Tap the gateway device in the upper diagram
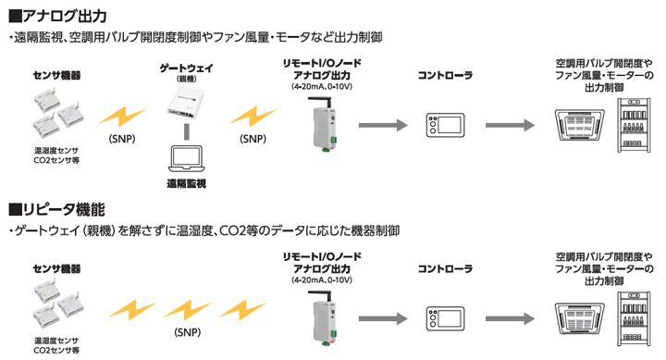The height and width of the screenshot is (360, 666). coord(186,103)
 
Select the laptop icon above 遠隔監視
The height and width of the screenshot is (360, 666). coord(187,158)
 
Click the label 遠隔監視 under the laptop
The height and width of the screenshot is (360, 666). coord(187,183)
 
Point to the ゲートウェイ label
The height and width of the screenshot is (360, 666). coord(187,68)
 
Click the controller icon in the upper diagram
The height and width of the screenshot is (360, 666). coord(445,125)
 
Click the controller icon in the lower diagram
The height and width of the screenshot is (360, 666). coord(445,318)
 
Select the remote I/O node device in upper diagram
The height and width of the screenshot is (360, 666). coord(323,123)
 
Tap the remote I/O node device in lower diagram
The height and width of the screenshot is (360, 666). coord(323,317)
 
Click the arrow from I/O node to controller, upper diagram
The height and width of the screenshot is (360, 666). coord(383,125)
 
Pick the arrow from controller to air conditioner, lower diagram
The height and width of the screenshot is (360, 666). coord(510,318)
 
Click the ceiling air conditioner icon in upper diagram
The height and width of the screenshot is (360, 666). coord(580,125)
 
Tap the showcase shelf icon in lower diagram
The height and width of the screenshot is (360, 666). coord(634,318)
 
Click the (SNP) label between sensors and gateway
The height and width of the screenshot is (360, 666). coord(122,139)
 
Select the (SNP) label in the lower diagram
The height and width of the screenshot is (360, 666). coord(187,332)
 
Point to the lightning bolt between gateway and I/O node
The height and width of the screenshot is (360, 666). coord(253,117)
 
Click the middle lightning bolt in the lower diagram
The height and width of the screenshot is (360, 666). coord(187,310)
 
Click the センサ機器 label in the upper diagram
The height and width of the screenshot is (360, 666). coord(57,76)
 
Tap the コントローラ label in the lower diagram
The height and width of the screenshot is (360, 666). coord(445,268)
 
